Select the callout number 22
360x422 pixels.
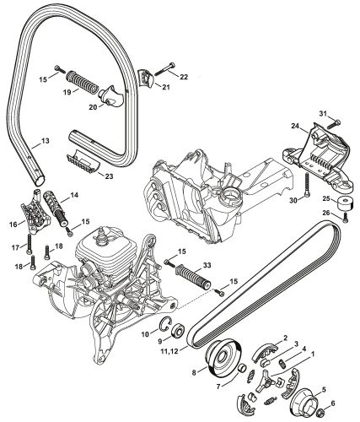click(x=185, y=78)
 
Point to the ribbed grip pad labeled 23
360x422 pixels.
click(x=85, y=160)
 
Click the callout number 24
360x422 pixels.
click(x=296, y=127)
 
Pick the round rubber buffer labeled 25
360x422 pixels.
click(x=343, y=204)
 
